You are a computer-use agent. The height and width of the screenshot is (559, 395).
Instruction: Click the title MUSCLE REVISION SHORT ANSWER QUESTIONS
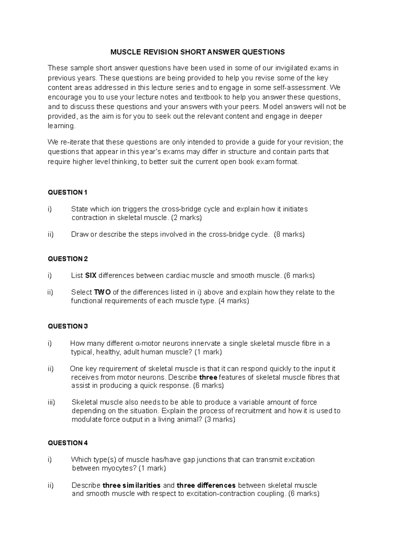[x=197, y=52]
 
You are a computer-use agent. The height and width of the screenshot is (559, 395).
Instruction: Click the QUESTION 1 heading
[x=68, y=193]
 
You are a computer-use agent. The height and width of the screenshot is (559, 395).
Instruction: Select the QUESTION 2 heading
[x=68, y=259]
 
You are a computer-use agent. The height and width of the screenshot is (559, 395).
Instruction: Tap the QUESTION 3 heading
[x=68, y=326]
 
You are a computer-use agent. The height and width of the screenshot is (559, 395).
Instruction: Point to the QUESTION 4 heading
[x=68, y=443]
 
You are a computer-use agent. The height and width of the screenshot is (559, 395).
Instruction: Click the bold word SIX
[x=91, y=276]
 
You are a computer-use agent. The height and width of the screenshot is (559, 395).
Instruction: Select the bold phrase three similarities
[x=132, y=485]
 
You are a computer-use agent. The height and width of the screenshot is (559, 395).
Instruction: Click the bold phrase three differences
[x=206, y=485]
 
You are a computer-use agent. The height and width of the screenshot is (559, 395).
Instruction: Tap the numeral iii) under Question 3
[x=51, y=402]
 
